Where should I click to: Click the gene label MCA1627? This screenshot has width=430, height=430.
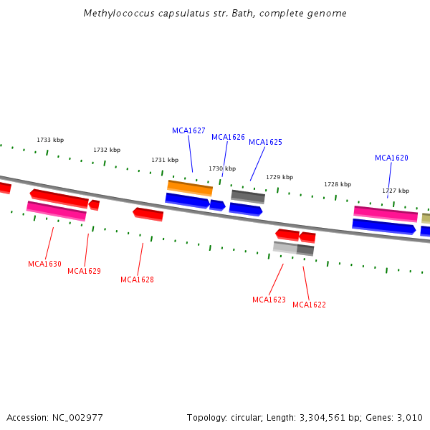188,130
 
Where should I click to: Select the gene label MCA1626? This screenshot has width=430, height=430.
228,137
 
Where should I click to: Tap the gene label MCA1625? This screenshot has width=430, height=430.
265,142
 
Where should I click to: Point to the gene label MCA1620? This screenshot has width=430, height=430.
391,158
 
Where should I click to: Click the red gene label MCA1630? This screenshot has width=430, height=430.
44,264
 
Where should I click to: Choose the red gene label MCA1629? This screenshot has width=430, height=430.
84,271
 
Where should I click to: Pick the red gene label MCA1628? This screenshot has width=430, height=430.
137,279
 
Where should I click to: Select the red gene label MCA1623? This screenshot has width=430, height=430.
269,300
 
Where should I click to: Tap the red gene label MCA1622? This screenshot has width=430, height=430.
309,305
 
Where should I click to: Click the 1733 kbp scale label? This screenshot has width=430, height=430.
50,140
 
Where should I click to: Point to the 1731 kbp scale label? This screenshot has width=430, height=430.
165,160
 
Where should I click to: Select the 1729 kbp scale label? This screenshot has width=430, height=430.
279,177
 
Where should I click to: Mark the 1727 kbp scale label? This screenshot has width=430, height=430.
396,191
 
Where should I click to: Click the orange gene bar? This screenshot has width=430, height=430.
190,188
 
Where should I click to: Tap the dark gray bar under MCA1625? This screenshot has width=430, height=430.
248,196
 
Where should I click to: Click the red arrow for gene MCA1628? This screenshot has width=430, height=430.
148,214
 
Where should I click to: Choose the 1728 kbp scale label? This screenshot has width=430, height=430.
338,184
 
